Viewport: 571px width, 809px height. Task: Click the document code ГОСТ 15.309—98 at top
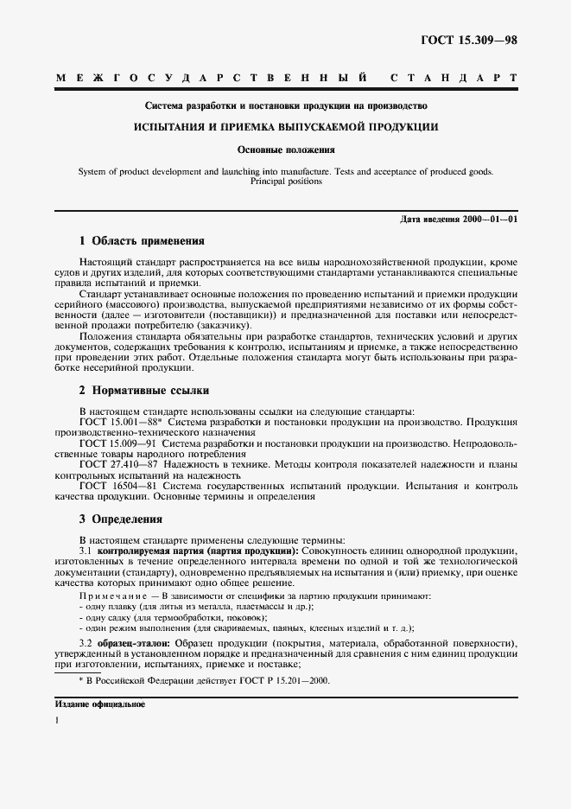469,41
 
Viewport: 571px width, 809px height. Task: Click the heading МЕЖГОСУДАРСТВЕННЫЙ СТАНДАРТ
286,79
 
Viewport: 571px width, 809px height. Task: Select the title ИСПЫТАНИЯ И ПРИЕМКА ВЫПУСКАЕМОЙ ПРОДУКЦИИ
285,127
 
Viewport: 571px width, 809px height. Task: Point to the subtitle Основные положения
285,150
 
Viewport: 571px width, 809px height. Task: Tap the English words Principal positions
286,182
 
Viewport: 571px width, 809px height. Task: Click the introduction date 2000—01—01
489,220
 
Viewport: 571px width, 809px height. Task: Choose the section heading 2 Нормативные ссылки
144,391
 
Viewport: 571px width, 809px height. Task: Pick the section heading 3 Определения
120,519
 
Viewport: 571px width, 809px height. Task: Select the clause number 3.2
86,644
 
